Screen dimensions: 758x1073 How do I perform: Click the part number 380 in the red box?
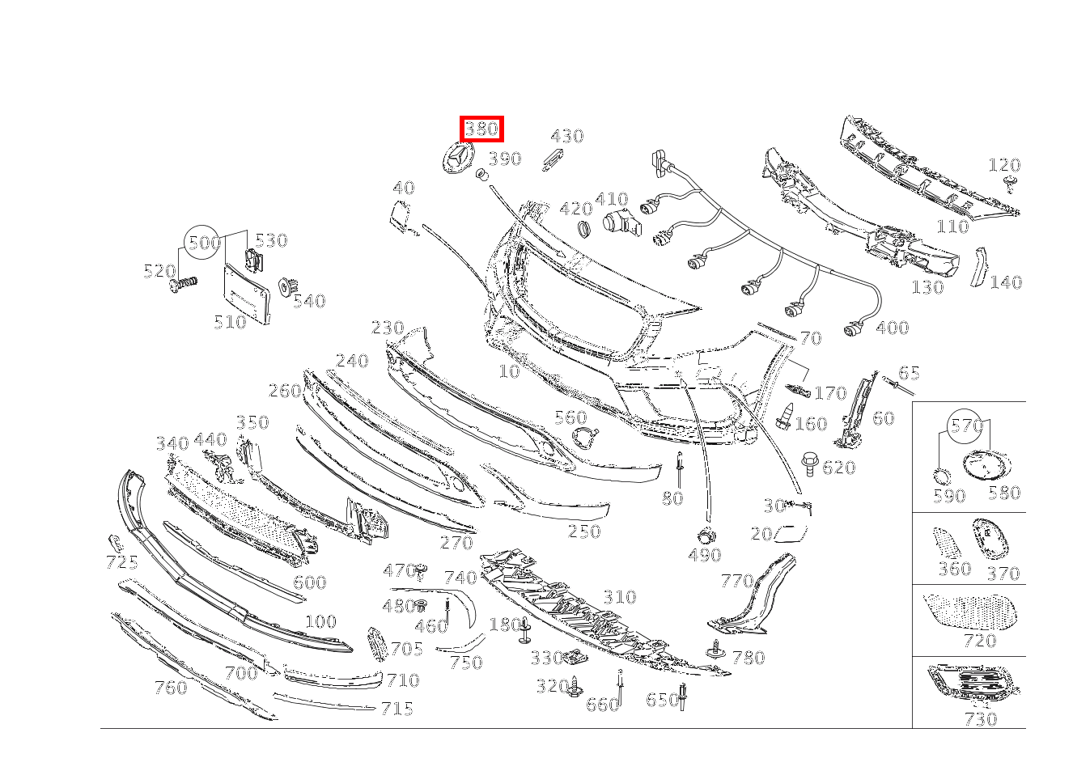coord(481,129)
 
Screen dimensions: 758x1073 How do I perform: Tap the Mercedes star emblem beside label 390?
coord(456,158)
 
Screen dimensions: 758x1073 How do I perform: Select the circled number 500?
coord(203,242)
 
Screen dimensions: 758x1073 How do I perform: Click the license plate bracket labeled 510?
coord(246,294)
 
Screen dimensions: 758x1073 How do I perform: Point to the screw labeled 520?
coord(184,284)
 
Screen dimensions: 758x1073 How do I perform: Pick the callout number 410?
coord(611,199)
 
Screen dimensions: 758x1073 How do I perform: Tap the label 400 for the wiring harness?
coord(892,328)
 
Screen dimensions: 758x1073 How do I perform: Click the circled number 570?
coord(965,426)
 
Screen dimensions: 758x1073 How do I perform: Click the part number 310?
coord(619,597)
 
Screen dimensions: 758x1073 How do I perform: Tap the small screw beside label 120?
coord(1010,183)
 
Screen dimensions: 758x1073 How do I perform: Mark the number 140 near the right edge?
coord(1005,282)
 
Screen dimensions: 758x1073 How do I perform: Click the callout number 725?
coord(121,562)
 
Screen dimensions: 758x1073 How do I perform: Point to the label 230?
coord(388,328)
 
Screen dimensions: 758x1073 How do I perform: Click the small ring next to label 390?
coord(480,174)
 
